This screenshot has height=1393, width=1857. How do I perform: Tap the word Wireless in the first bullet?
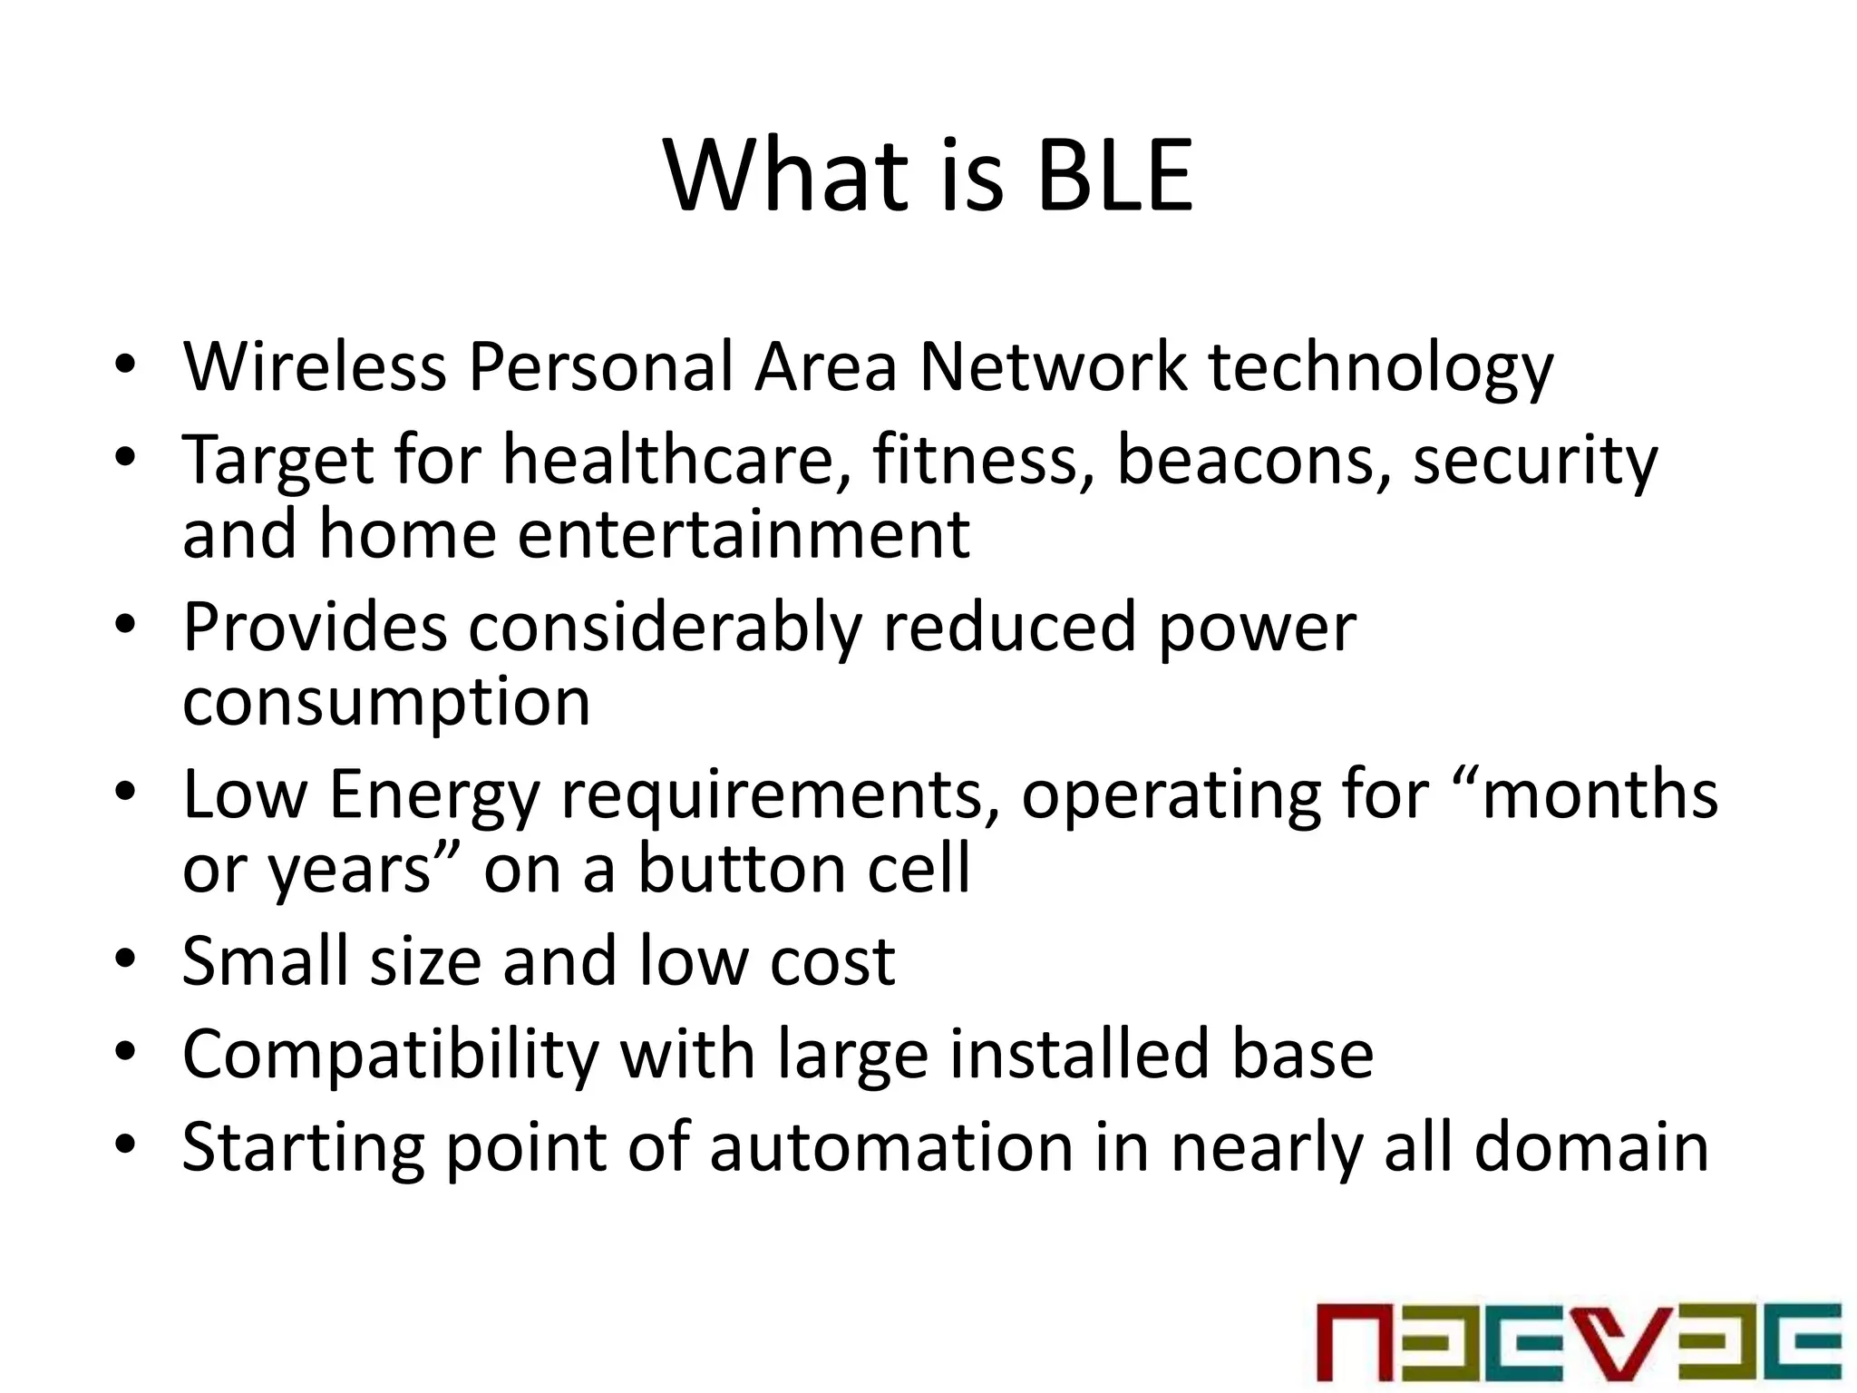coord(315,367)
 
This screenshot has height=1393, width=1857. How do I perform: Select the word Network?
coord(1053,367)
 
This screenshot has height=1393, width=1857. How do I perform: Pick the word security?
coord(1535,461)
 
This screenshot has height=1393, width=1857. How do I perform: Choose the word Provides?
coord(315,628)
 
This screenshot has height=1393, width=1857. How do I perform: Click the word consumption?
coord(386,703)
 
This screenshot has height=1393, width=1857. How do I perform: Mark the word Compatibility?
coord(391,1055)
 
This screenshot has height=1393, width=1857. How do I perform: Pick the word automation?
coord(891,1147)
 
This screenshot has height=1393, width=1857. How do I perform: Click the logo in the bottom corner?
coord(1579,1340)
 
